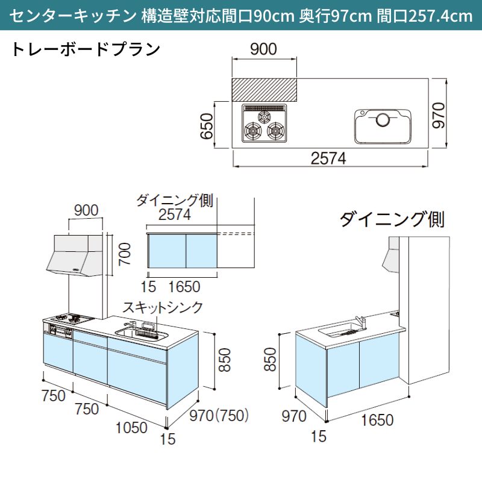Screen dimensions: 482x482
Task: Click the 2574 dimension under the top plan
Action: pos(329,158)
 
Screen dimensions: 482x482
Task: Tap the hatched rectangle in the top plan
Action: pos(264,90)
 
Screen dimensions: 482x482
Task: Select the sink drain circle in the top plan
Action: pos(382,120)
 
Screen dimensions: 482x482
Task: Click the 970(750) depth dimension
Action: pos(219,416)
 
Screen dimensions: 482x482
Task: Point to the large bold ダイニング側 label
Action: pos(392,219)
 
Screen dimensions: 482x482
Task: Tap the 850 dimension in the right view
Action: pos(271,360)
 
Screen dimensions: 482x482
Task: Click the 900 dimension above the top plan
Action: pos(263,49)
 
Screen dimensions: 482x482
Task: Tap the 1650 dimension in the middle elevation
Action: pos(184,287)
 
